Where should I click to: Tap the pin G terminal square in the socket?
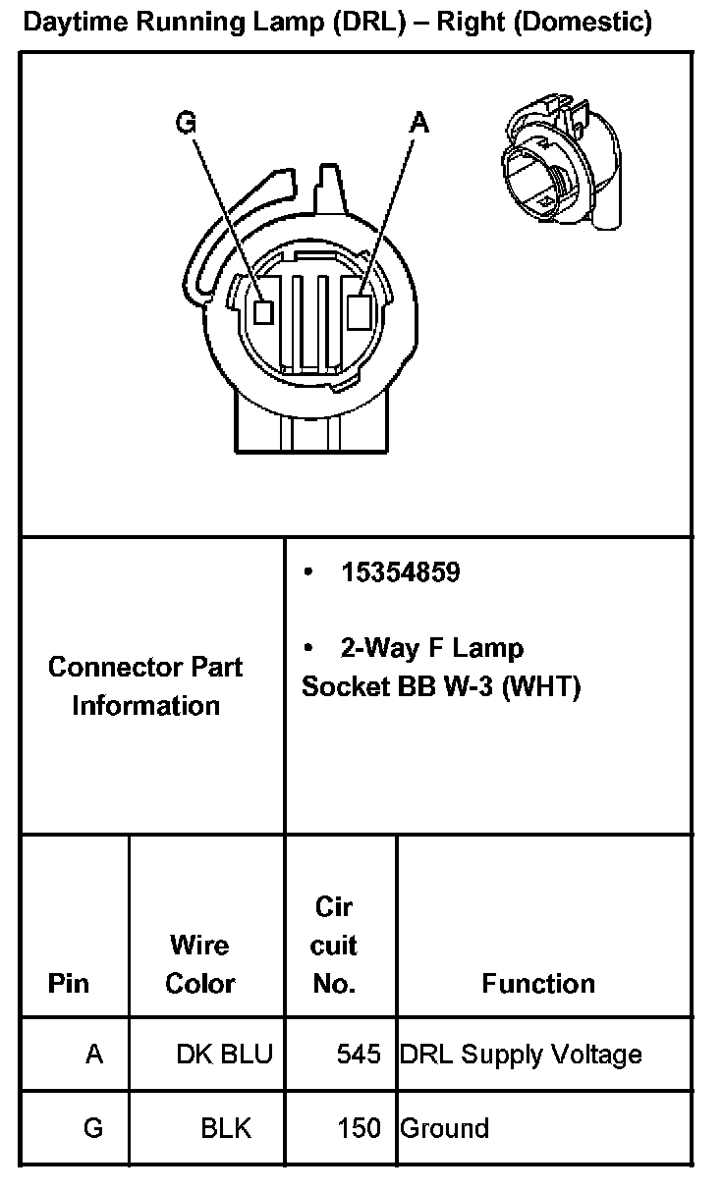coord(262,311)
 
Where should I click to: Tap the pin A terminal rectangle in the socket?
coord(360,310)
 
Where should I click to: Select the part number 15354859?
coord(400,572)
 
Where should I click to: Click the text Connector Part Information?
coord(145,685)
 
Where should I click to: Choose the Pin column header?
coord(68,983)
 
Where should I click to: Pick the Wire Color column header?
coord(199,964)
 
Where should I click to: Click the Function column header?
coord(538,983)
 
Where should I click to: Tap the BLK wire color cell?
coord(226,1128)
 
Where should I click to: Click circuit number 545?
coord(358,1055)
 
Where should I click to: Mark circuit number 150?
coord(358,1128)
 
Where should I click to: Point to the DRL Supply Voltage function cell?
coord(521,1055)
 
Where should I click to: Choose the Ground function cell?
coord(444,1128)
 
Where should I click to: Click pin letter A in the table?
coord(94,1055)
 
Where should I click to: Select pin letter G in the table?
coord(93,1128)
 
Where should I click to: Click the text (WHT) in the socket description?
coord(541,686)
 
